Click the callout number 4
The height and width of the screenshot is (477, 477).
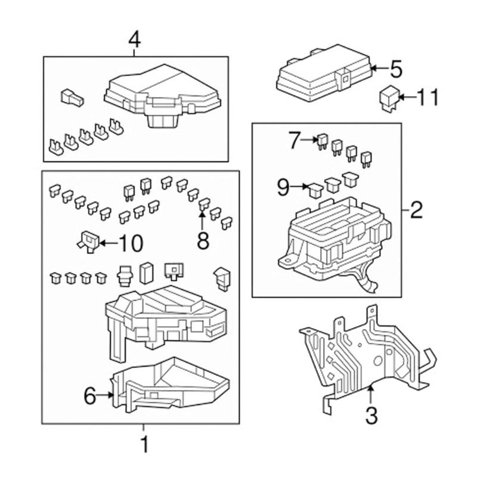point(135,40)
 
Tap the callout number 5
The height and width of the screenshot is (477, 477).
point(397,69)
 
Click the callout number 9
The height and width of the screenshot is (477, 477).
point(284,188)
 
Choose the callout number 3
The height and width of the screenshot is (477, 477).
point(371,415)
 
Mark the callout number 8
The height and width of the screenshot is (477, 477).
point(203,240)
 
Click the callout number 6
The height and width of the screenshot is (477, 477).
point(90,395)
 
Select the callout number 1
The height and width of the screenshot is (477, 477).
point(143,444)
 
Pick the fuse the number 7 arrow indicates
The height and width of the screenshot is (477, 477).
point(322,140)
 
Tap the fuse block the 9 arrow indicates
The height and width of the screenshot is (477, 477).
point(314,190)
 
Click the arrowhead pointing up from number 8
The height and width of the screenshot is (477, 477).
point(203,215)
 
